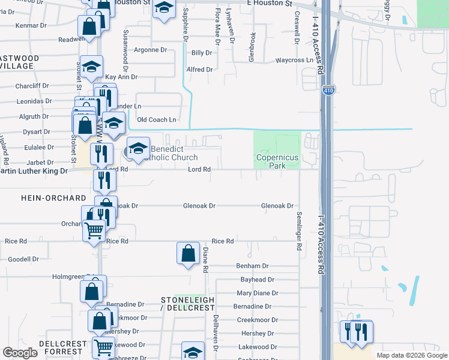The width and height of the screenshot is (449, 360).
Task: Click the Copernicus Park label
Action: tap(277, 161)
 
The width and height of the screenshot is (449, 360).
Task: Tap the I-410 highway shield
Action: tap(328, 90)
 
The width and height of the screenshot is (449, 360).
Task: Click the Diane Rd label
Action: tap(205, 260)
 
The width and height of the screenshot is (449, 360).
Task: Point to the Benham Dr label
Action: tap(253, 266)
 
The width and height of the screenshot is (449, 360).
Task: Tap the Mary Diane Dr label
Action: tap(257, 293)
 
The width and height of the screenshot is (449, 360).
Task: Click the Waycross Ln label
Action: tap(294, 60)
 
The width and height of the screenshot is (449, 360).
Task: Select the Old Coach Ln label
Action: tap(157, 120)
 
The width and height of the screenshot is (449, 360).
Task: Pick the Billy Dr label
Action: tap(202, 53)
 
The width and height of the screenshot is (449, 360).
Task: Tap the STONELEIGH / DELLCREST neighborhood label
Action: tap(188, 303)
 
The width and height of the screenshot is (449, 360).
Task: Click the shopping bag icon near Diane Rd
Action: tap(188, 254)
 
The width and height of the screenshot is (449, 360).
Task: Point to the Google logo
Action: tap(20, 353)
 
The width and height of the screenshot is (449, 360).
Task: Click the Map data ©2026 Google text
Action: tap(412, 355)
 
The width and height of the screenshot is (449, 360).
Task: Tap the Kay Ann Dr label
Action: tap(121, 77)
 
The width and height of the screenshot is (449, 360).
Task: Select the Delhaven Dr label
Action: tap(214, 333)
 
